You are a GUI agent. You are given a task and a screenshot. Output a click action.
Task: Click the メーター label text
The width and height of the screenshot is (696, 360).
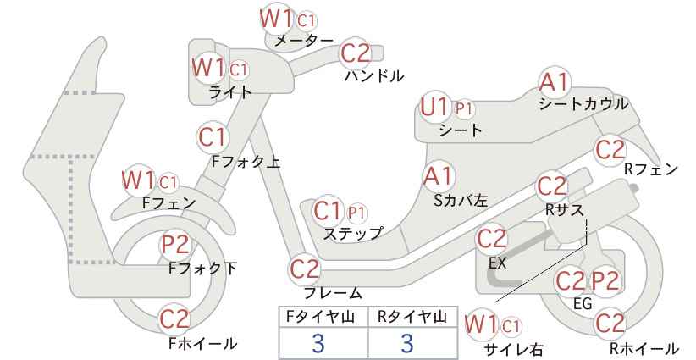(304, 41)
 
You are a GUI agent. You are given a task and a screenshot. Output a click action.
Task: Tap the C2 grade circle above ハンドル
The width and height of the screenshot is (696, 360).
(356, 53)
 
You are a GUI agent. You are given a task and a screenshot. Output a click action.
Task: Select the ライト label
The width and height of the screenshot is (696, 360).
(230, 92)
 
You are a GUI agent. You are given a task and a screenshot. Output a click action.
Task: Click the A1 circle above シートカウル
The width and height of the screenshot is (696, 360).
(554, 82)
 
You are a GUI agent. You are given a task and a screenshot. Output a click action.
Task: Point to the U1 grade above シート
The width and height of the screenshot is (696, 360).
(435, 108)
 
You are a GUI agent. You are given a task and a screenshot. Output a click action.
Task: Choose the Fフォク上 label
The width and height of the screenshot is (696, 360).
(246, 162)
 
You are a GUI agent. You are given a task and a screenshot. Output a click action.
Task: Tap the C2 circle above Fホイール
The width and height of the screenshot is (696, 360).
(174, 319)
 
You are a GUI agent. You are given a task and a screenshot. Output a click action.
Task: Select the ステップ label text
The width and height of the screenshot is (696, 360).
(353, 234)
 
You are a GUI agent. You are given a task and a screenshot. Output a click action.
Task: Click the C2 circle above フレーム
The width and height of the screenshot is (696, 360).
(305, 269)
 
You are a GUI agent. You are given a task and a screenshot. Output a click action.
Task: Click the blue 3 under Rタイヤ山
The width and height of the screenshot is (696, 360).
(407, 343)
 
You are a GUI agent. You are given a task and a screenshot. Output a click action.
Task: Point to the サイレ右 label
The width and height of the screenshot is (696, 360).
(514, 349)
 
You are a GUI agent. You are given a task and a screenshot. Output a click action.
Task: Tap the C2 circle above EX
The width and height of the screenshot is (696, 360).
(491, 239)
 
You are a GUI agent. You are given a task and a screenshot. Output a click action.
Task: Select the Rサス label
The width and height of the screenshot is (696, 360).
(565, 209)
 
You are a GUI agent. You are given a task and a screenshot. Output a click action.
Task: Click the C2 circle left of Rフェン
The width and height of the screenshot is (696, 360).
(610, 150)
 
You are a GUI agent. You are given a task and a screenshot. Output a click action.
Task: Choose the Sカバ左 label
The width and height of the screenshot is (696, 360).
(461, 201)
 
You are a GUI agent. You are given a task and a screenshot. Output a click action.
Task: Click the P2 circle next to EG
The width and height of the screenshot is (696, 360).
(605, 281)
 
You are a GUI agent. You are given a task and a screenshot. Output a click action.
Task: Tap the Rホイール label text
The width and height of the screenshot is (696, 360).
(644, 348)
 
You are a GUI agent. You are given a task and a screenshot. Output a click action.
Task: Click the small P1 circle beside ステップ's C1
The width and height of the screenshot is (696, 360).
(357, 213)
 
